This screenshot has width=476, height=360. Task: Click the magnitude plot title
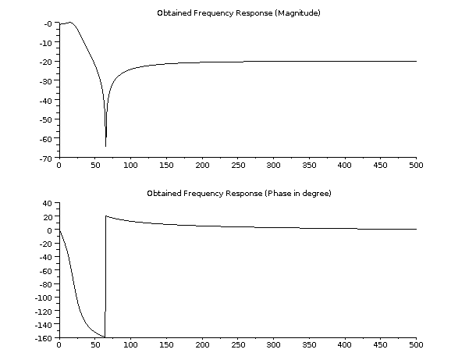pos(239,13)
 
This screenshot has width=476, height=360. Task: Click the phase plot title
pos(239,193)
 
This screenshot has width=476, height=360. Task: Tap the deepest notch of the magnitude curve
pos(105,146)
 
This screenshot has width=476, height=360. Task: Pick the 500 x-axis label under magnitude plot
pos(416,166)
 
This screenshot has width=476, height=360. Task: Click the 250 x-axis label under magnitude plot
pos(237,166)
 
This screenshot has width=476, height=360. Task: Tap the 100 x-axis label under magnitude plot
pos(130,166)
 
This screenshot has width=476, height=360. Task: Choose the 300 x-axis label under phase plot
pos(273,345)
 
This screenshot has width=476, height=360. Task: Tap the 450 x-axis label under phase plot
pos(380,345)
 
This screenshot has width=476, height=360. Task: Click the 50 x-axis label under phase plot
pos(94,345)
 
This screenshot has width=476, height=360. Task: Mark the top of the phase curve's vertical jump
pos(105,216)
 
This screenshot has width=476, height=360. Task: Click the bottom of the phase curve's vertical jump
pos(105,337)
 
